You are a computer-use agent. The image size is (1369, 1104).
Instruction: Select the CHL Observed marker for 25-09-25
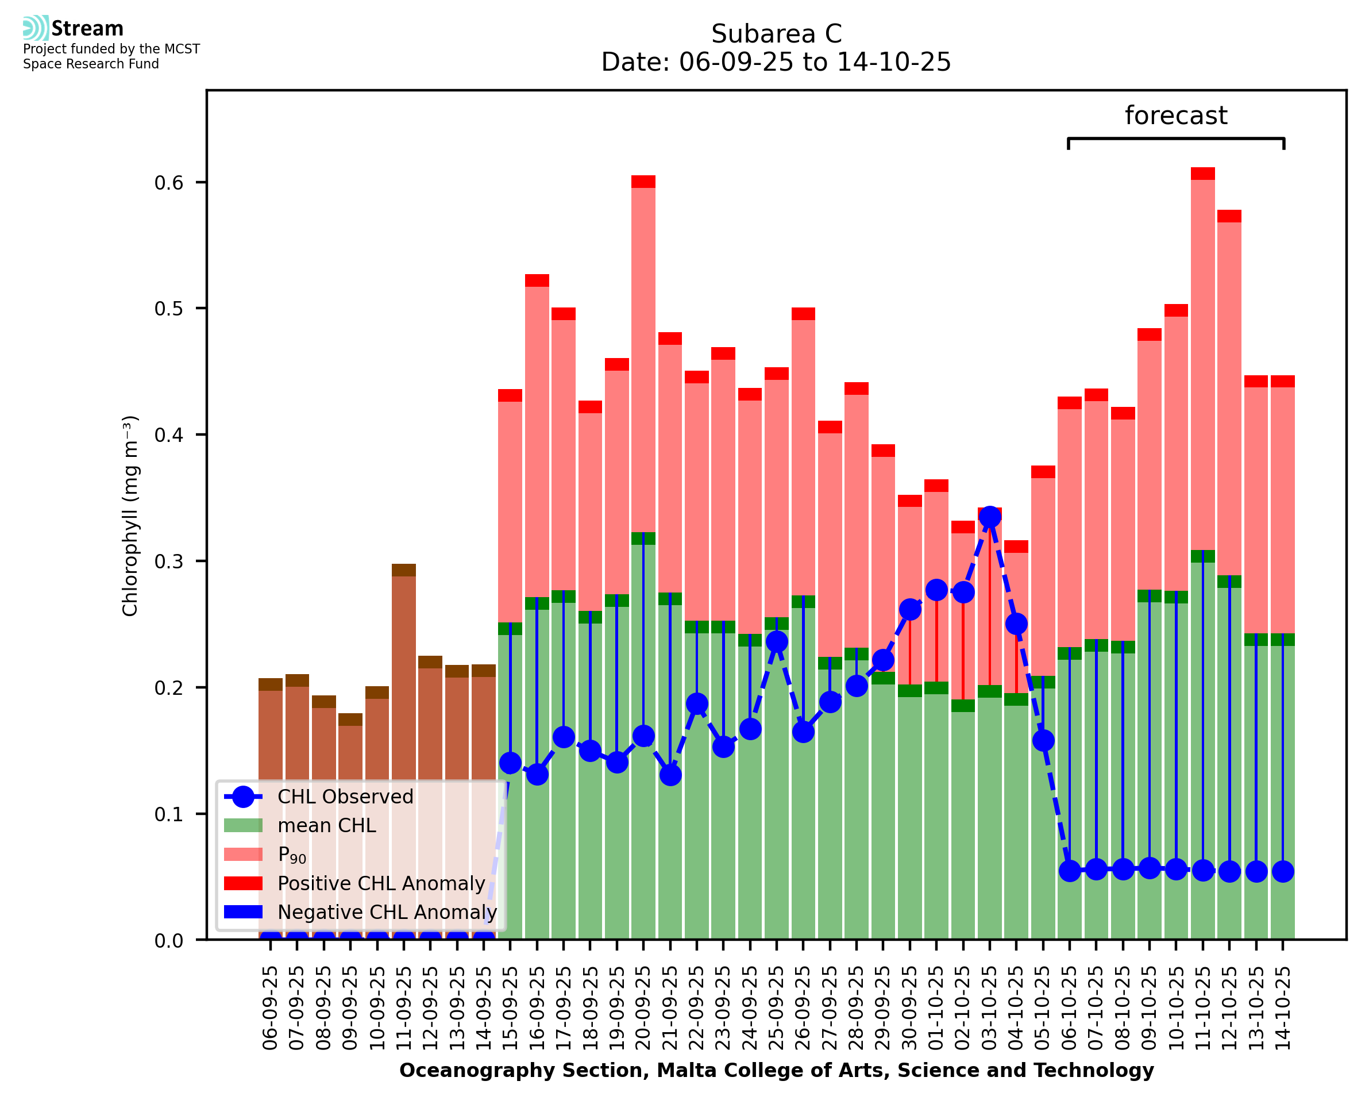(777, 642)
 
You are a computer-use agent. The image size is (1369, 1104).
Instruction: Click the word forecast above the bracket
(1176, 116)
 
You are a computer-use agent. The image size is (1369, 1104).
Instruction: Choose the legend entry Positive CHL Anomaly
(381, 883)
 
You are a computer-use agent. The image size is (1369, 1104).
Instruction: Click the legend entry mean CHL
(327, 825)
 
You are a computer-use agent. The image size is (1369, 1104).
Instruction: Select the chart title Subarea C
(776, 34)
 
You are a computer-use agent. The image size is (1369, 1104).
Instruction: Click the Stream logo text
(87, 29)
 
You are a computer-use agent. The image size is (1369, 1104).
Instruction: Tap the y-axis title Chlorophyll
(130, 516)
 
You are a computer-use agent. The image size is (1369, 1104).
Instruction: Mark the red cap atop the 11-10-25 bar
(1202, 174)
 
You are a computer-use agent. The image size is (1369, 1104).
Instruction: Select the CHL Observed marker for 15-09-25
(510, 763)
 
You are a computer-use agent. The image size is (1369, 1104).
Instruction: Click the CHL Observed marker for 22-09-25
(697, 704)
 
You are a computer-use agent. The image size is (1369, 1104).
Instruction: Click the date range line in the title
(776, 62)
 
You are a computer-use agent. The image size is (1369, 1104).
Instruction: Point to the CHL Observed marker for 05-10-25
(1043, 741)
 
